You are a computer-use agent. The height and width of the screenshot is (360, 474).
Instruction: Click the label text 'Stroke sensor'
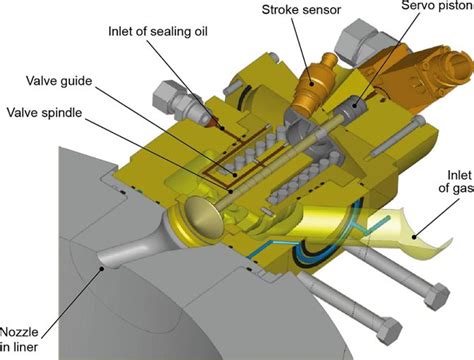(301, 10)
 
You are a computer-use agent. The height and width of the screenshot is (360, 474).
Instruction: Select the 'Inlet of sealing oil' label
(158, 31)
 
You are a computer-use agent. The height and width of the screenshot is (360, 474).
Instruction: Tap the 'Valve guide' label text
(59, 81)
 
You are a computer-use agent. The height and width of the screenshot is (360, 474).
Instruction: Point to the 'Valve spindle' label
(44, 112)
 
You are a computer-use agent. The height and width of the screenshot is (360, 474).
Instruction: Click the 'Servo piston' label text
(437, 6)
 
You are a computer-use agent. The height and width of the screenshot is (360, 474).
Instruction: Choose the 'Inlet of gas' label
(456, 181)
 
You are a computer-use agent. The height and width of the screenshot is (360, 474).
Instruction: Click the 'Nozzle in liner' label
(19, 339)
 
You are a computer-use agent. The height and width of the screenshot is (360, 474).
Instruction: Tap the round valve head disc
(203, 216)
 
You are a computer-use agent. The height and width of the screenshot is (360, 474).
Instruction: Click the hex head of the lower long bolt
(389, 330)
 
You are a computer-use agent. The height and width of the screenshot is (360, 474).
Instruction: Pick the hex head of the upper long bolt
(437, 297)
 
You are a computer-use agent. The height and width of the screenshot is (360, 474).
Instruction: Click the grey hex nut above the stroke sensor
(358, 39)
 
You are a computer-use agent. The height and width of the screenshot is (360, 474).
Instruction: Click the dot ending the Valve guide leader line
(235, 174)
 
